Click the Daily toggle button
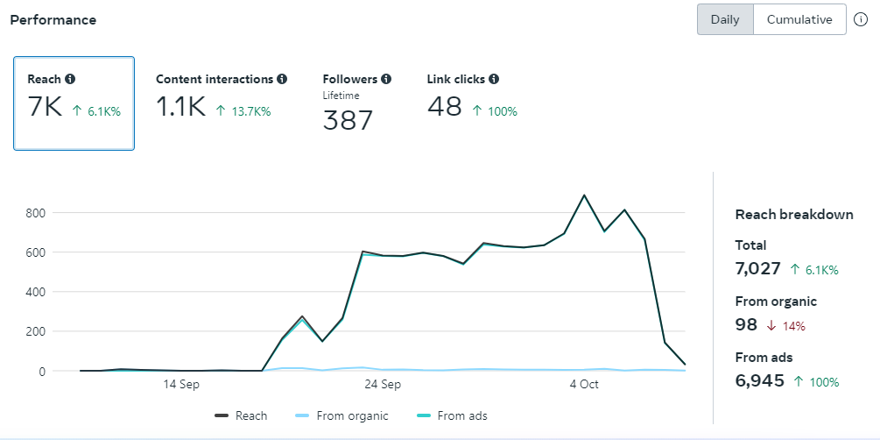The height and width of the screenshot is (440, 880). [x=725, y=19]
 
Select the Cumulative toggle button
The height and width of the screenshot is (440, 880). [x=799, y=19]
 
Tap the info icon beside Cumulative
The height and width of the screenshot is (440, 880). [x=861, y=19]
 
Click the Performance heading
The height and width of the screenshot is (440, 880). [x=53, y=19]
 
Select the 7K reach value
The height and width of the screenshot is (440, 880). [x=46, y=108]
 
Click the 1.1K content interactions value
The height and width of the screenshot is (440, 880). [x=180, y=108]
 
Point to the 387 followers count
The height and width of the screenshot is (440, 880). [x=348, y=120]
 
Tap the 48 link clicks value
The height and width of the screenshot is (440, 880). [x=445, y=107]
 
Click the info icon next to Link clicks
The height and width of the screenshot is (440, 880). [x=494, y=79]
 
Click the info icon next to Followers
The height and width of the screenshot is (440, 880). [x=386, y=79]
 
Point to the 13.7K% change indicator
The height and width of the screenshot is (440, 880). [x=244, y=111]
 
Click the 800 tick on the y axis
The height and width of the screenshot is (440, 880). [x=35, y=212]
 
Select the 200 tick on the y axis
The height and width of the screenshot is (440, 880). [x=35, y=331]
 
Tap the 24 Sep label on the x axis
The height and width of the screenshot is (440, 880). [x=383, y=385]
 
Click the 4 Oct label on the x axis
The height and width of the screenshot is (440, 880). [x=584, y=385]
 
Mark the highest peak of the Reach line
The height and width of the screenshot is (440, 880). [x=584, y=195]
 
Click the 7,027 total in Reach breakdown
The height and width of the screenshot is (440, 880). [x=758, y=268]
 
